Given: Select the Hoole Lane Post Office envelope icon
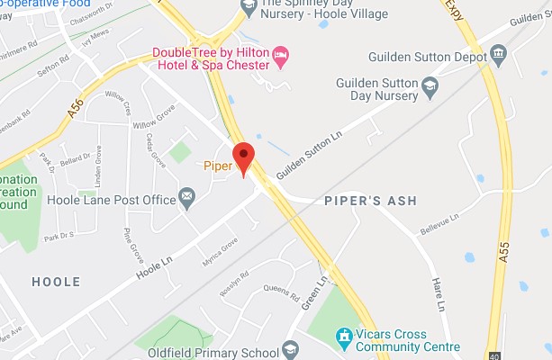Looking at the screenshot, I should [x=187, y=197].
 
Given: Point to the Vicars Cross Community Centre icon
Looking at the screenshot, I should [x=343, y=337].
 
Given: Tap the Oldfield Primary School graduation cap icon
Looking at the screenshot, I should [x=289, y=346].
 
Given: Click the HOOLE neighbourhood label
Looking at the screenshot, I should [x=56, y=282].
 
